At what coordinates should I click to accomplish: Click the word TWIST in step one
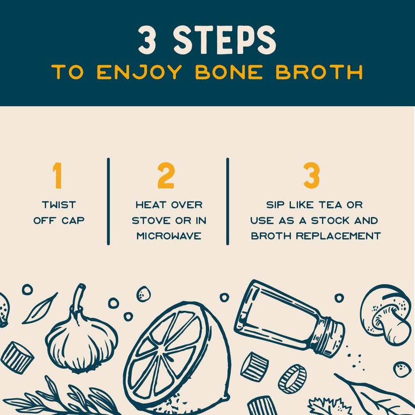[59, 205]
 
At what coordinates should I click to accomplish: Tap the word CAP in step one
[75, 220]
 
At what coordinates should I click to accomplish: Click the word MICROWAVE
[169, 236]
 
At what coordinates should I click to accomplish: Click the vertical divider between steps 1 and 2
[108, 201]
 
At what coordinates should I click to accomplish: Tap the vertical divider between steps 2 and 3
[227, 201]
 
